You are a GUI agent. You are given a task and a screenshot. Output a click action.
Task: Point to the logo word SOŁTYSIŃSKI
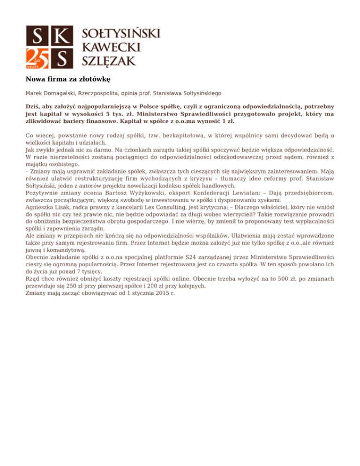tap(121, 33)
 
